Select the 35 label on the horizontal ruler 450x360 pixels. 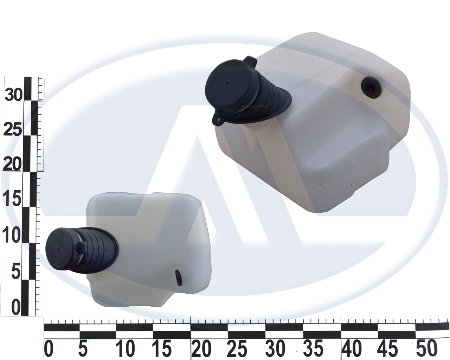tap(313, 348)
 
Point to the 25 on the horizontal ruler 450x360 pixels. tap(237, 348)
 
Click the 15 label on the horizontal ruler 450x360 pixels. tap(161, 348)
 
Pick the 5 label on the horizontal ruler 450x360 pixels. tap(83, 348)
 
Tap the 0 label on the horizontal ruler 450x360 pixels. tap(49, 348)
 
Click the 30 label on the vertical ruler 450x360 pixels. tap(13, 94)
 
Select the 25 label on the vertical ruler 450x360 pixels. tap(13, 130)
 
